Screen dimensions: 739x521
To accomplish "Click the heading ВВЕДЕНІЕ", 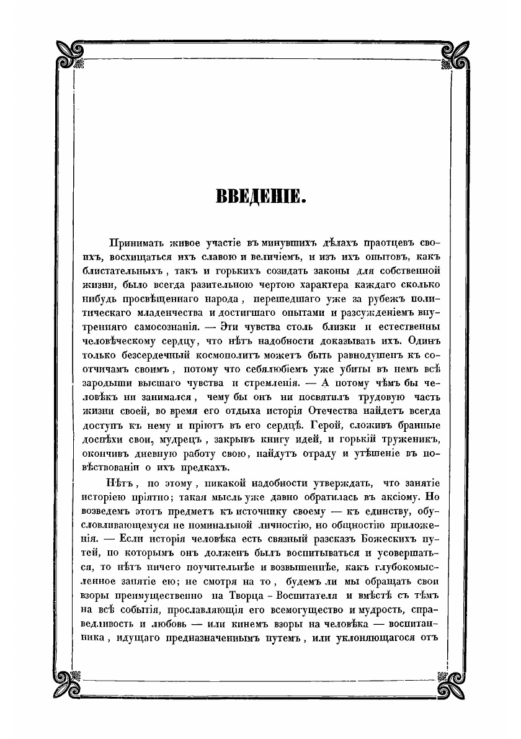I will (260, 198).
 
